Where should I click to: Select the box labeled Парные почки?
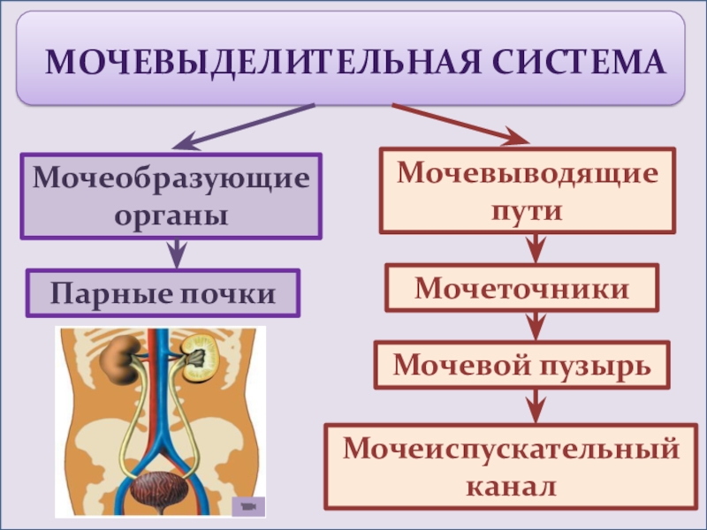163,293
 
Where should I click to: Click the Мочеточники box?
522,288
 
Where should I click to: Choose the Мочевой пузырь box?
522,365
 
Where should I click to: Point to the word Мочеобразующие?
171,180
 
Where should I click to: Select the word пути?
528,211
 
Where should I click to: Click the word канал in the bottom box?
513,485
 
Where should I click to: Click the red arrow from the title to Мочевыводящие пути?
460,124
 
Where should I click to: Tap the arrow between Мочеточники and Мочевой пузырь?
534,326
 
